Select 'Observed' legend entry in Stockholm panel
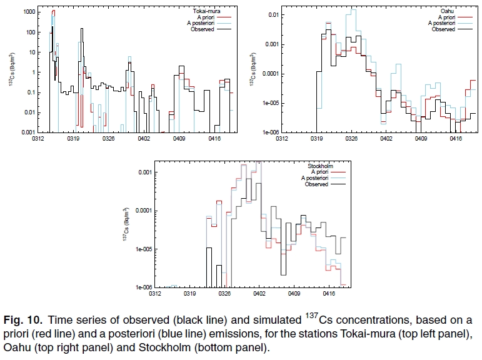(x=317, y=184)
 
